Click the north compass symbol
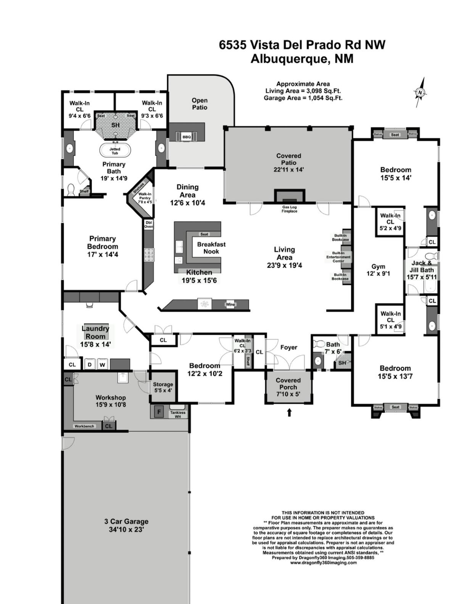point(420,92)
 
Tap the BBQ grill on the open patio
point(187,137)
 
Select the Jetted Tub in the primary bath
point(115,151)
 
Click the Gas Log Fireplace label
point(289,209)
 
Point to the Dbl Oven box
point(148,225)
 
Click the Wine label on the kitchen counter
point(230,304)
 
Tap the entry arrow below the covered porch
point(289,412)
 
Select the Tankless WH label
point(178,414)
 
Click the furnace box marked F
point(159,412)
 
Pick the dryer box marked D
point(90,365)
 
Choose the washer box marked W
point(102,365)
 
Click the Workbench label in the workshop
point(84,426)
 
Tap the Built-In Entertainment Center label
point(338,257)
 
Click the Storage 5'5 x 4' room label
point(163,387)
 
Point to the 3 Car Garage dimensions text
point(126,530)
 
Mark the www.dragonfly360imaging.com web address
point(323,562)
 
